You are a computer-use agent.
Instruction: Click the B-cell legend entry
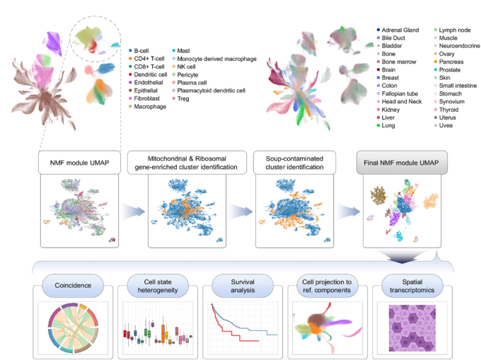click(x=139, y=51)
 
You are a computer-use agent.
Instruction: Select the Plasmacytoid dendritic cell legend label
click(x=211, y=91)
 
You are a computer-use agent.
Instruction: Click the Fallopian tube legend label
click(x=400, y=93)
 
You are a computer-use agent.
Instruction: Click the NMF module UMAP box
click(x=79, y=163)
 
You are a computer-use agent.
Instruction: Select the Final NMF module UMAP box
click(x=402, y=163)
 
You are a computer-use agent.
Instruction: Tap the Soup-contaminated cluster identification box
click(x=294, y=163)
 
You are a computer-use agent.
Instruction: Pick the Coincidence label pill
click(x=73, y=286)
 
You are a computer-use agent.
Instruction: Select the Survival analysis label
click(x=243, y=286)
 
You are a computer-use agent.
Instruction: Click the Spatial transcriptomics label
click(x=412, y=286)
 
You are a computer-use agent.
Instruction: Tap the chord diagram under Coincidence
click(x=73, y=327)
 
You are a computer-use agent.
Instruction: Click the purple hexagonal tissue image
click(x=412, y=327)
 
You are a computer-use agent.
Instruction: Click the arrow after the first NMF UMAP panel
click(x=134, y=211)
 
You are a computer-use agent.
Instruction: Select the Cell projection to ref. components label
click(x=327, y=286)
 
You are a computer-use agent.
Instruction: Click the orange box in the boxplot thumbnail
click(x=163, y=333)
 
